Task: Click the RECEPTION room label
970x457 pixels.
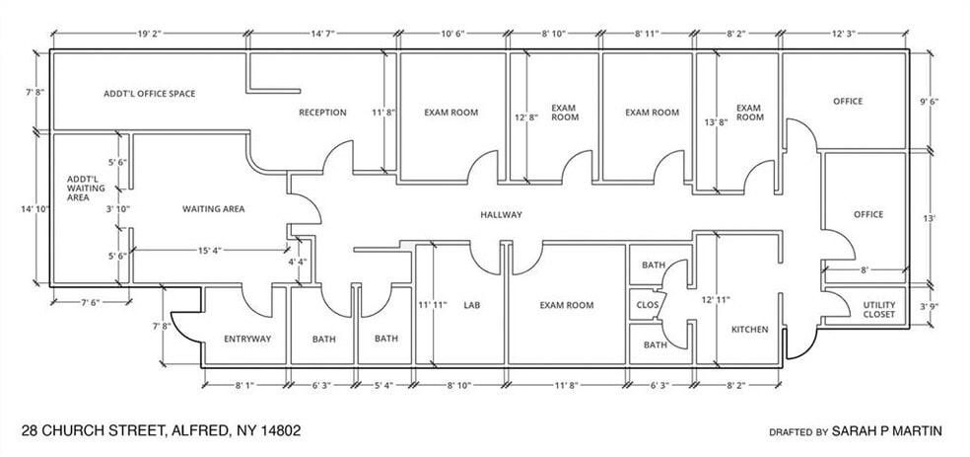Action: tap(322, 113)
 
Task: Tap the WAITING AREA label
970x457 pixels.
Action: tap(213, 209)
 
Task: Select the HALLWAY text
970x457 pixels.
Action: tap(501, 215)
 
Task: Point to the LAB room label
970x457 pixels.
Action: tap(470, 306)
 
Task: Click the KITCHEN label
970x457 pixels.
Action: tap(749, 329)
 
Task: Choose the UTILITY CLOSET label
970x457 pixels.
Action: tap(878, 310)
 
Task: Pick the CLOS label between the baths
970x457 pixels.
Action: tap(648, 305)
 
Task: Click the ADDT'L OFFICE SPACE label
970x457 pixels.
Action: tap(149, 94)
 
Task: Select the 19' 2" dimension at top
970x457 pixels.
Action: tap(150, 34)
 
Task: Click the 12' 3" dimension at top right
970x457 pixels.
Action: tap(846, 34)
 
